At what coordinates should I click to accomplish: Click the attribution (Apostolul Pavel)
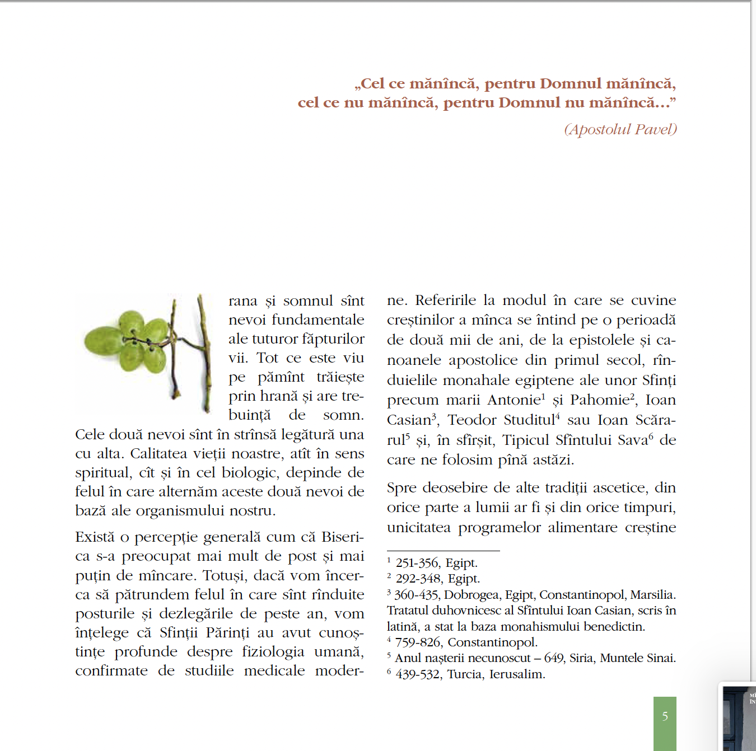620,129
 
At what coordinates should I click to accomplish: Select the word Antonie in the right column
514,400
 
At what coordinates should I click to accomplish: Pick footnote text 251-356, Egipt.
436,563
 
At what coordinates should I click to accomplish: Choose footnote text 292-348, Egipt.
437,579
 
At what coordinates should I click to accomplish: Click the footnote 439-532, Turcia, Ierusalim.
470,674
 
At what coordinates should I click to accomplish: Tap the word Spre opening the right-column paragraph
402,488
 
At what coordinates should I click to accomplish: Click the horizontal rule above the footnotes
443,551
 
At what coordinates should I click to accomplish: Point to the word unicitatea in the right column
418,528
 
